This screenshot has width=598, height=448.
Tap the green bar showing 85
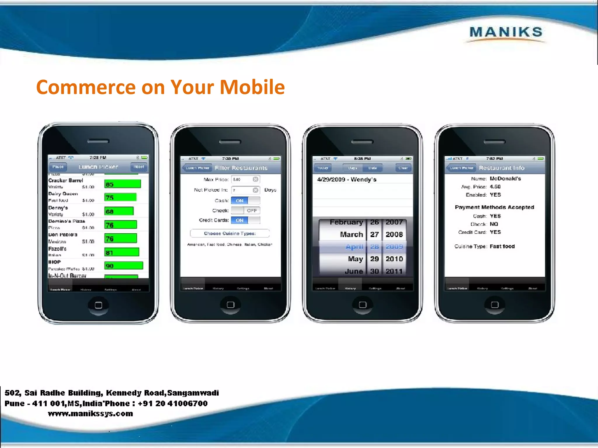point(123,184)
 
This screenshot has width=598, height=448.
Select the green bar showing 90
point(124,266)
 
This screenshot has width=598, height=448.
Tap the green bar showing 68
point(119,211)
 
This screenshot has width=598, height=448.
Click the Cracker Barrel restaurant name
point(66,181)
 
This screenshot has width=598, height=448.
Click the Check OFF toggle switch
point(245,210)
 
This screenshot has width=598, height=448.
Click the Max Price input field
point(245,179)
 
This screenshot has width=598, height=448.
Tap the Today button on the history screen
point(323,168)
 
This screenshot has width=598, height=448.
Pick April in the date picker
point(354,247)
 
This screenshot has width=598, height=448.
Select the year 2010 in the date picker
point(394,259)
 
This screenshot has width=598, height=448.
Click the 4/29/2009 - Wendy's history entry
point(347,179)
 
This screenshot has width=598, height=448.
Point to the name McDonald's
point(505,178)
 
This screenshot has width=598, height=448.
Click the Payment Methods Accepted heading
point(494,207)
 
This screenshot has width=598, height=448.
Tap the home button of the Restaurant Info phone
point(495,305)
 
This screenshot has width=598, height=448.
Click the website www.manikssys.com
point(90,414)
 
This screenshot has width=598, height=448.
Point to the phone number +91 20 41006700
point(173,403)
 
